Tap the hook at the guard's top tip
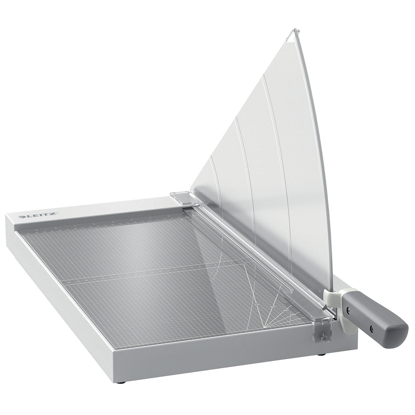[x=291, y=33]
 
